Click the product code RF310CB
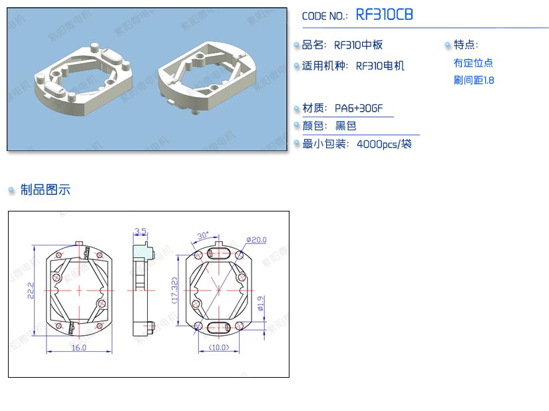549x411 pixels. point(385,15)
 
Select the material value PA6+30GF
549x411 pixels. point(359,108)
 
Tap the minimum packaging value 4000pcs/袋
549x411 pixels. point(384,144)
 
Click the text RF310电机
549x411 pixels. point(380,66)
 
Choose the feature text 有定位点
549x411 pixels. point(473,63)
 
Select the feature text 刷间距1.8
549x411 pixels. point(474,80)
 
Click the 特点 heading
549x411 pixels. point(466,45)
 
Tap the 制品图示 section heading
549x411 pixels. point(45,190)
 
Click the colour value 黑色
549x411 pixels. point(345,126)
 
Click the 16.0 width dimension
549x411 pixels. point(79,348)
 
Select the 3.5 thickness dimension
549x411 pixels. point(140,231)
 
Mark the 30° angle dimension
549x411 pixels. point(203,235)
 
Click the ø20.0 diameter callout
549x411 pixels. point(256,239)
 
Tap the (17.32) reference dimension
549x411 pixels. point(175,291)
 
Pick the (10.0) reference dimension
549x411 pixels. point(218,348)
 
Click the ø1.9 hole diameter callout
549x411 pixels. point(262,304)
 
